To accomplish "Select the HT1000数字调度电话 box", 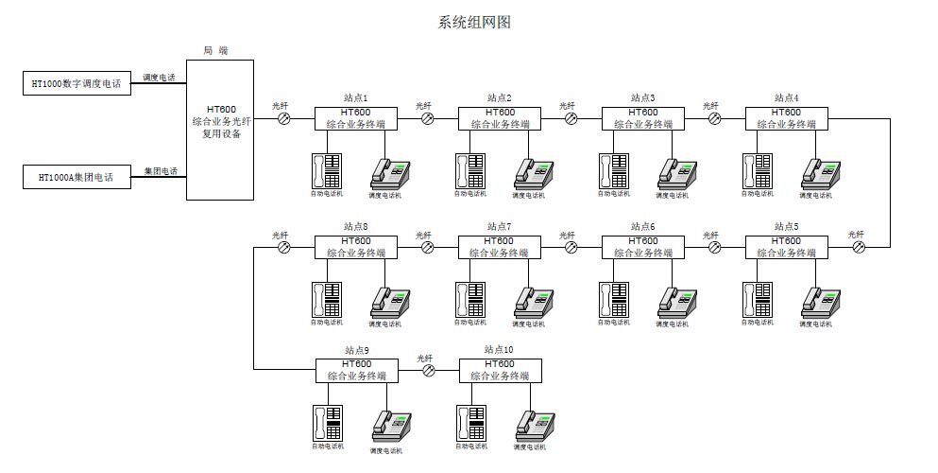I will [x=77, y=83].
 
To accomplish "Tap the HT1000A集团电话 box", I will [x=77, y=177].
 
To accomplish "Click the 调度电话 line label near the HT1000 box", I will [x=159, y=77].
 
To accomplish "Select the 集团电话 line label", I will [x=160, y=170].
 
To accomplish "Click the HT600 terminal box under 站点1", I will [x=356, y=118].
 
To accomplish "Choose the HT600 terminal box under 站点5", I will [x=787, y=247].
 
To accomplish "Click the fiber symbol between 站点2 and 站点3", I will [x=571, y=118].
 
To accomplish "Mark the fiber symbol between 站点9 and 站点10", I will [x=428, y=371].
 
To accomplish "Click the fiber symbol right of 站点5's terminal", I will [x=859, y=247].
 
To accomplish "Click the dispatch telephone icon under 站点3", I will [x=674, y=171].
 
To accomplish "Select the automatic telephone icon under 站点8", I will [x=327, y=299].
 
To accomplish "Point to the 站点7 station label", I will [x=499, y=226].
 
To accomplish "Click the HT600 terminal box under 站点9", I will [x=356, y=371].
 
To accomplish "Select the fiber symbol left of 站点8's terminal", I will [x=283, y=247].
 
